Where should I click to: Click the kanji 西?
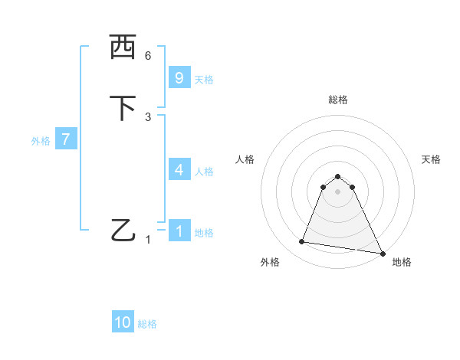coord(123,47)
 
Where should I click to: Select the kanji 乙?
coord(123,231)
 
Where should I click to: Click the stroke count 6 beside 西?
coord(148,56)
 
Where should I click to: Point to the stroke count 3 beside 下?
coord(148,117)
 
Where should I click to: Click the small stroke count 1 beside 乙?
coord(148,240)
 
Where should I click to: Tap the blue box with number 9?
coord(179,78)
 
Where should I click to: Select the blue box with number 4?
coord(179,170)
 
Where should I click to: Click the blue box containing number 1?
coord(179,231)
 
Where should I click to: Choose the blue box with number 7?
coord(66,140)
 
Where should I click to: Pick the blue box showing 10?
coord(123,322)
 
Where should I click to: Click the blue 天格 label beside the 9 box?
coord(204,80)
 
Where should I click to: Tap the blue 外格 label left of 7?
coord(41,141)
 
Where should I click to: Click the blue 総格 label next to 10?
coord(147,324)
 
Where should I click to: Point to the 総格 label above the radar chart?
coord(338,100)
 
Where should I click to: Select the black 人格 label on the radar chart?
coord(245,159)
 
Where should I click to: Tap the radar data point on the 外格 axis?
coord(301,242)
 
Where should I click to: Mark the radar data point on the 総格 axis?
coord(338,173)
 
